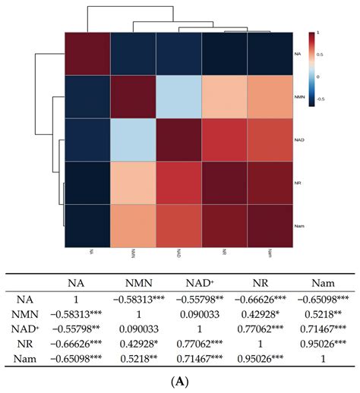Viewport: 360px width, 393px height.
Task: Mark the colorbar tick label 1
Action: (x=317, y=33)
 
